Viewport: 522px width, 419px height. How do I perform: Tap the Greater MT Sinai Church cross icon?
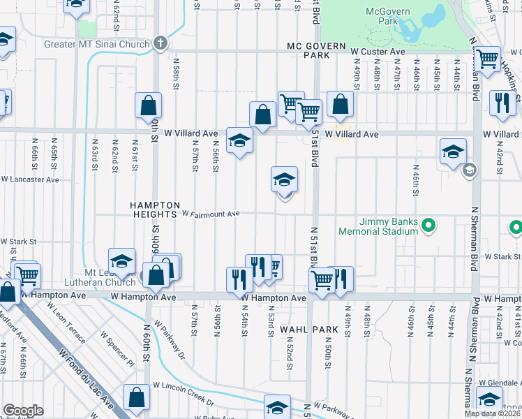pyautogui.click(x=161, y=43)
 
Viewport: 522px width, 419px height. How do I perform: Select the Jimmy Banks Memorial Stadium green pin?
pyautogui.click(x=430, y=225)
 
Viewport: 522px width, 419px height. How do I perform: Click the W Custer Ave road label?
pyautogui.click(x=378, y=52)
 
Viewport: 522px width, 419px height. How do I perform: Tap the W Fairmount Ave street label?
pyautogui.click(x=211, y=214)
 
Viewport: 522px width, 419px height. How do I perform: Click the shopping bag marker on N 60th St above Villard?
pyautogui.click(x=149, y=107)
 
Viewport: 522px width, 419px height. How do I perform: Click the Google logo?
pyautogui.click(x=23, y=411)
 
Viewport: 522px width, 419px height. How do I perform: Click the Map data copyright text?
pyautogui.click(x=492, y=413)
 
